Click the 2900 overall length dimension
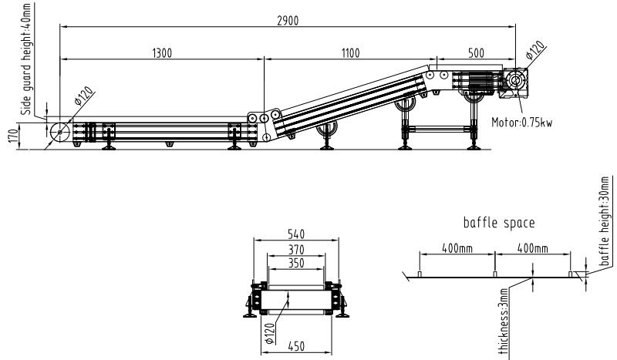pos(288,21)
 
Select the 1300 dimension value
pos(162,53)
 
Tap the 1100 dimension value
pos(350,53)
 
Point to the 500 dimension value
pos(476,53)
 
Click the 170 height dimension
pos(13,136)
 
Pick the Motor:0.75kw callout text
pos(522,123)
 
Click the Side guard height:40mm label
pos(26,59)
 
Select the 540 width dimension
pos(296,234)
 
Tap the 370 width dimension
pos(296,250)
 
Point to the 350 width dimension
pos(296,263)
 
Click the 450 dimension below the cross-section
pos(296,346)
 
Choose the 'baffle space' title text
pos(499,223)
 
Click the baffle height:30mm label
pos(604,221)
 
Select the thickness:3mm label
pos(504,321)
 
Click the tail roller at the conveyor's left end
pos(60,132)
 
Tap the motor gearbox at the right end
pos(514,82)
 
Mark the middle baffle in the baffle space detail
pos(494,274)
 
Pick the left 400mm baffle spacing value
pos(457,248)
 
